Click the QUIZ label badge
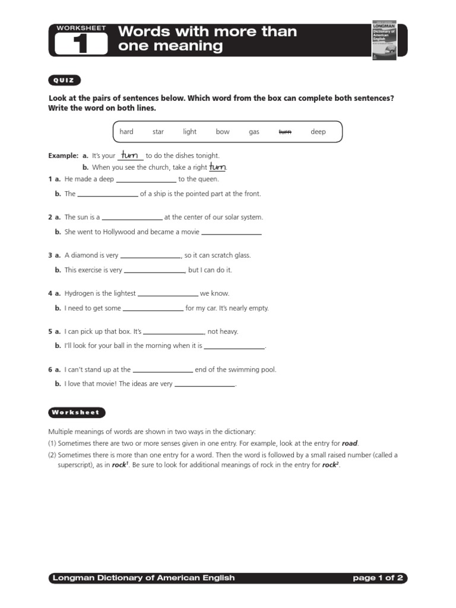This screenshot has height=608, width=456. [x=64, y=81]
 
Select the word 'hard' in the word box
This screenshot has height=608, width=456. [x=126, y=132]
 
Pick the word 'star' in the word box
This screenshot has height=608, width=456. [x=158, y=132]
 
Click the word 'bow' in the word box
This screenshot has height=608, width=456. [x=223, y=132]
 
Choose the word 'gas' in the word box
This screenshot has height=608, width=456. [x=254, y=132]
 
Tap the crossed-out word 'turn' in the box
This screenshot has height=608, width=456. [x=285, y=132]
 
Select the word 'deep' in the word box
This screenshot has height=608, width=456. [x=318, y=132]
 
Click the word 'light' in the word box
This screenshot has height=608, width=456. [x=189, y=132]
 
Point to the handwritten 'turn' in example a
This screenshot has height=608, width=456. [x=130, y=155]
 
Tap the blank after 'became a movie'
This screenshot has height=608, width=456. [x=232, y=233]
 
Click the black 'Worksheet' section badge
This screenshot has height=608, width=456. [x=76, y=412]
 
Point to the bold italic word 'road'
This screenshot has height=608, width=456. [x=350, y=444]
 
